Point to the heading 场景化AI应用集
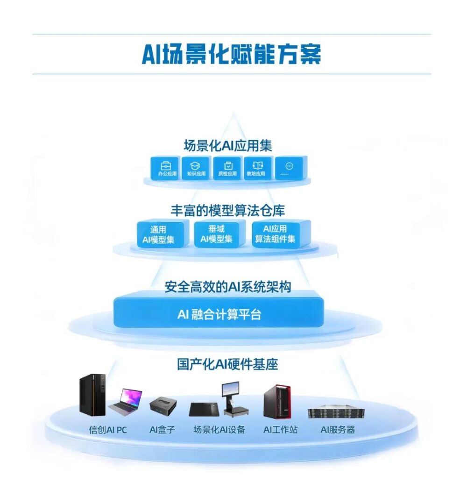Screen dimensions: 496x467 pyautogui.click(x=227, y=146)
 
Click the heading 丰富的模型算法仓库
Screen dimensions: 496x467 pyautogui.click(x=227, y=211)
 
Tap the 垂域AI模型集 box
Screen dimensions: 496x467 pyautogui.click(x=218, y=234)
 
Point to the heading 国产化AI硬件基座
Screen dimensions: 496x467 pyautogui.click(x=227, y=364)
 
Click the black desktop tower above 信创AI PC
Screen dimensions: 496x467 pyautogui.click(x=92, y=394)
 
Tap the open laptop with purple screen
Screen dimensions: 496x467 pyautogui.click(x=125, y=402)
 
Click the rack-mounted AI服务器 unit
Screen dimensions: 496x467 pyautogui.click(x=336, y=412)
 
